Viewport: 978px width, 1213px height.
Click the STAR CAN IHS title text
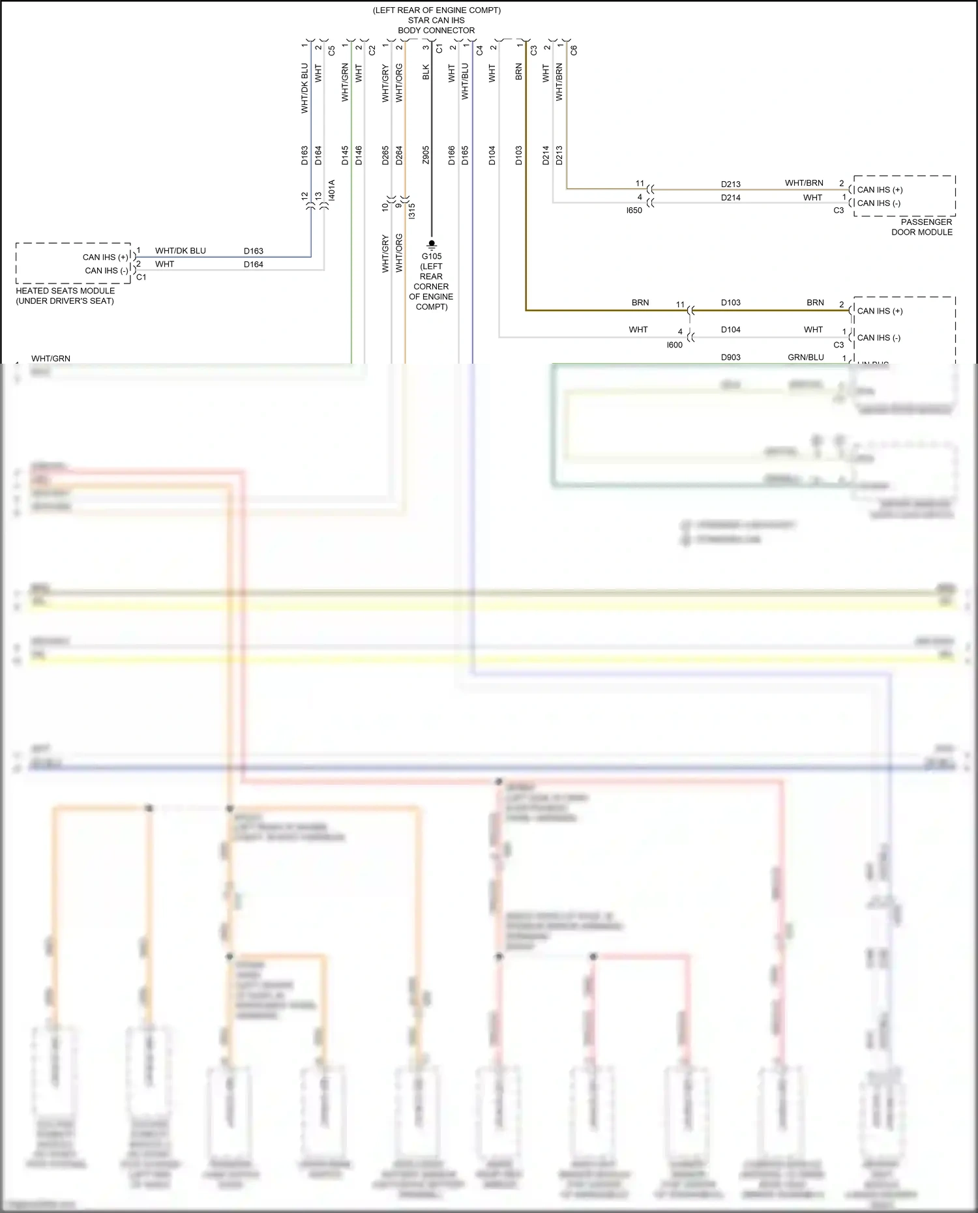click(x=436, y=20)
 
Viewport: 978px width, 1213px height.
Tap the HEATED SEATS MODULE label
click(x=65, y=291)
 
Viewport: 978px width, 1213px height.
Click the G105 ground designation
click(x=432, y=256)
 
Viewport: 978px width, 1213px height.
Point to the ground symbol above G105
click(x=432, y=244)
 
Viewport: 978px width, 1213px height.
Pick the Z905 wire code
click(x=426, y=155)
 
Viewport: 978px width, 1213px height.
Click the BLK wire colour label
click(x=426, y=72)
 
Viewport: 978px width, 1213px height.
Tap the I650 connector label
click(x=634, y=211)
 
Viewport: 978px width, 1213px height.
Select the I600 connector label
click(x=674, y=345)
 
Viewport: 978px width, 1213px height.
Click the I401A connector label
click(x=332, y=190)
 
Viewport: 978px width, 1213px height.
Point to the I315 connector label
click(x=411, y=211)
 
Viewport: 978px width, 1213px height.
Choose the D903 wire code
click(x=730, y=357)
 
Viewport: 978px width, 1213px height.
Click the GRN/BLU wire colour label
click(x=806, y=357)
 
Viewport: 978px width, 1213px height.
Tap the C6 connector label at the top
click(x=574, y=50)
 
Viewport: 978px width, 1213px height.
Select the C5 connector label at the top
click(x=332, y=50)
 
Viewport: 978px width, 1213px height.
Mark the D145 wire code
click(x=345, y=155)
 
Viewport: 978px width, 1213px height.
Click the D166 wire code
click(x=452, y=155)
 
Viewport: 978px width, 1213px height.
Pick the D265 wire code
click(x=385, y=155)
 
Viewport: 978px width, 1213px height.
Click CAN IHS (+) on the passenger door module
click(x=880, y=190)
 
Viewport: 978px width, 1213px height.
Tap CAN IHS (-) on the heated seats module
click(x=106, y=270)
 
